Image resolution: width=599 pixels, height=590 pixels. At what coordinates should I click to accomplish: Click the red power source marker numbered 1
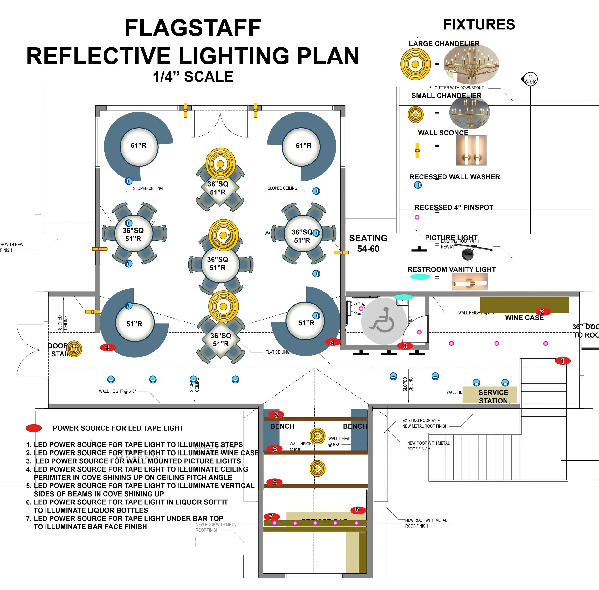click(562, 361)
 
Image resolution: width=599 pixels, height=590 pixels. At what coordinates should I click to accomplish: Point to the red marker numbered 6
click(358, 509)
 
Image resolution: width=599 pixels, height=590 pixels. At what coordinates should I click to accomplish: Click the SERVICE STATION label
click(493, 396)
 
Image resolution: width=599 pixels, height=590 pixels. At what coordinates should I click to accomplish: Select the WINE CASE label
click(524, 318)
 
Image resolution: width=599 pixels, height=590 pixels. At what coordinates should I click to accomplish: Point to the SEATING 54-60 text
click(368, 243)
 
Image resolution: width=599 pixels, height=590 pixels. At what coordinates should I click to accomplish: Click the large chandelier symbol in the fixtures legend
click(415, 64)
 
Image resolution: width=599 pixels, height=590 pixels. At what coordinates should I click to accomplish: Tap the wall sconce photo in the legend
click(471, 150)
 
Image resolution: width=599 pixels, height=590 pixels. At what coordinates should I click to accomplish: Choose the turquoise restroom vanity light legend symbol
click(420, 277)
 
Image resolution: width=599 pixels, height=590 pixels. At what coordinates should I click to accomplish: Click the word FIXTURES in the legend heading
click(479, 24)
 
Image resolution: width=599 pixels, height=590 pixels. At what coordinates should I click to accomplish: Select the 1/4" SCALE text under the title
click(193, 76)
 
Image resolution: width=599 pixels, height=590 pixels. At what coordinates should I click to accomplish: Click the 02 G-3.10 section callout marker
click(530, 79)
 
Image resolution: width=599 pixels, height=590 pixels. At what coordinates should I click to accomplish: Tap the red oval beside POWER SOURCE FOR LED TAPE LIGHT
click(34, 428)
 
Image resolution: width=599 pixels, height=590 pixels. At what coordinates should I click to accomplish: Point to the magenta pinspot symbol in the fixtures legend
click(417, 217)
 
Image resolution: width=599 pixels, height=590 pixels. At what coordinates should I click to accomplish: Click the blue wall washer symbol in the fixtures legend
click(418, 185)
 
